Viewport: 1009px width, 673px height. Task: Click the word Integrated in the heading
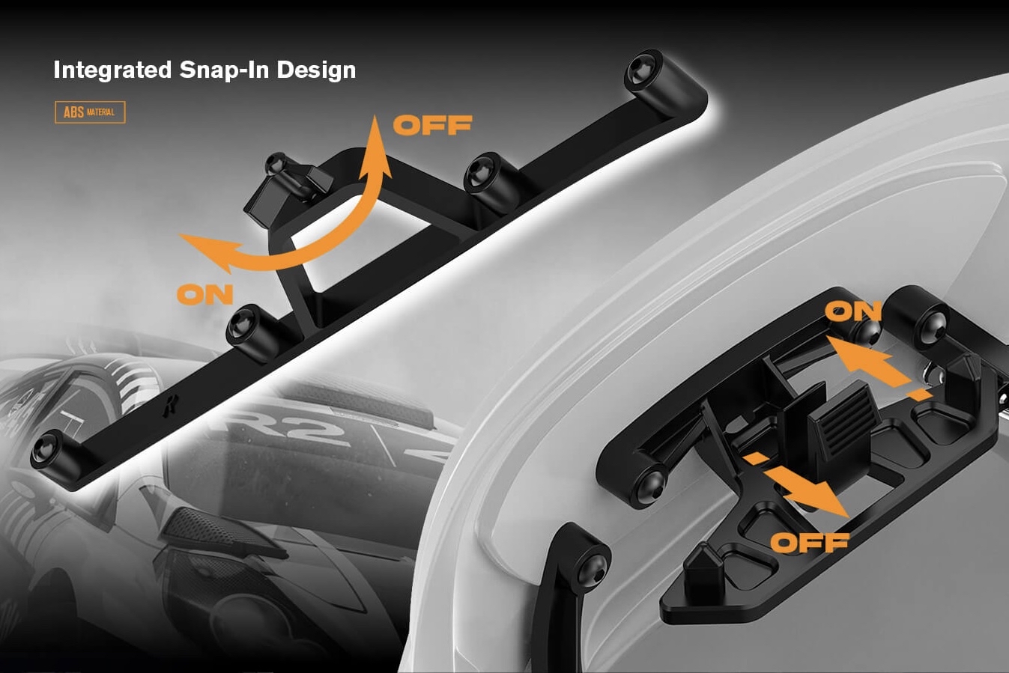[112, 70]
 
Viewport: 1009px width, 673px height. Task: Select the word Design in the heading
[316, 70]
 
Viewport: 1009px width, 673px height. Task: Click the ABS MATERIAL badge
[90, 112]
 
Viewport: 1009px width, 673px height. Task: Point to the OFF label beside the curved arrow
[432, 125]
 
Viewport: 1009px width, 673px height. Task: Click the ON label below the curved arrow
[205, 294]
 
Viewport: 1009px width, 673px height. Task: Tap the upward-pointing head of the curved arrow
[375, 144]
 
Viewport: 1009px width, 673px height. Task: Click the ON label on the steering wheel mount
[853, 311]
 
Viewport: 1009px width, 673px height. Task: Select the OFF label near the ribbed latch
[810, 543]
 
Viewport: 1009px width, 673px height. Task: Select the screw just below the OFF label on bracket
[479, 172]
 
